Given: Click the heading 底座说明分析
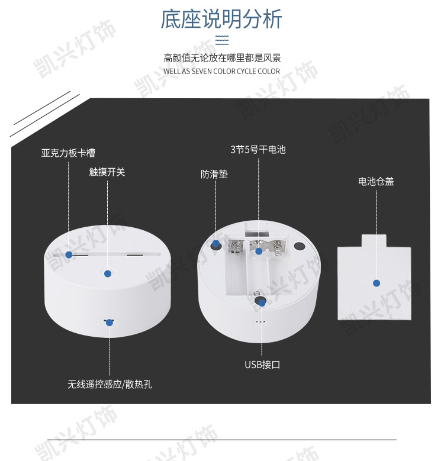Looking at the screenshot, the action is [221, 19].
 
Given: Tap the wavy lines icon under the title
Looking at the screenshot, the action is [222, 40].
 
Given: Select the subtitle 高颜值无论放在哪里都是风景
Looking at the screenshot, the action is [222, 58].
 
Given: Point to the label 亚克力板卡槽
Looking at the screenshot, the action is [68, 153].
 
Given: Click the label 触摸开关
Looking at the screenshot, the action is [107, 172].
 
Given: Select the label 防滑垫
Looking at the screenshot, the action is [214, 174].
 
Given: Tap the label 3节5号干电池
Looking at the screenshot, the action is [258, 150].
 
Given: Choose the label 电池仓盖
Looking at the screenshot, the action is [376, 182].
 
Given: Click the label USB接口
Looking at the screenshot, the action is [262, 365].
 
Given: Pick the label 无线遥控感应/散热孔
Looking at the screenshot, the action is [110, 384].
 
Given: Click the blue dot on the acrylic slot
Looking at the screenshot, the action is [69, 254].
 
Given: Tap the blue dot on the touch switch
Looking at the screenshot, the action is [108, 274].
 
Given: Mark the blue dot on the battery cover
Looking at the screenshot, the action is [377, 283].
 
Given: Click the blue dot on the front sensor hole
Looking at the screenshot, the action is [110, 323].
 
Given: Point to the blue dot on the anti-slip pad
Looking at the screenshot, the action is [216, 243].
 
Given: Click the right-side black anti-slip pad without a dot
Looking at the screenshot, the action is [299, 246].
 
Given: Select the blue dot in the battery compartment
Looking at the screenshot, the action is [259, 251].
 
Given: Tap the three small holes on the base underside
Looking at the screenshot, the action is [260, 322].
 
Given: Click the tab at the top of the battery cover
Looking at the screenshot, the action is [374, 241].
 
